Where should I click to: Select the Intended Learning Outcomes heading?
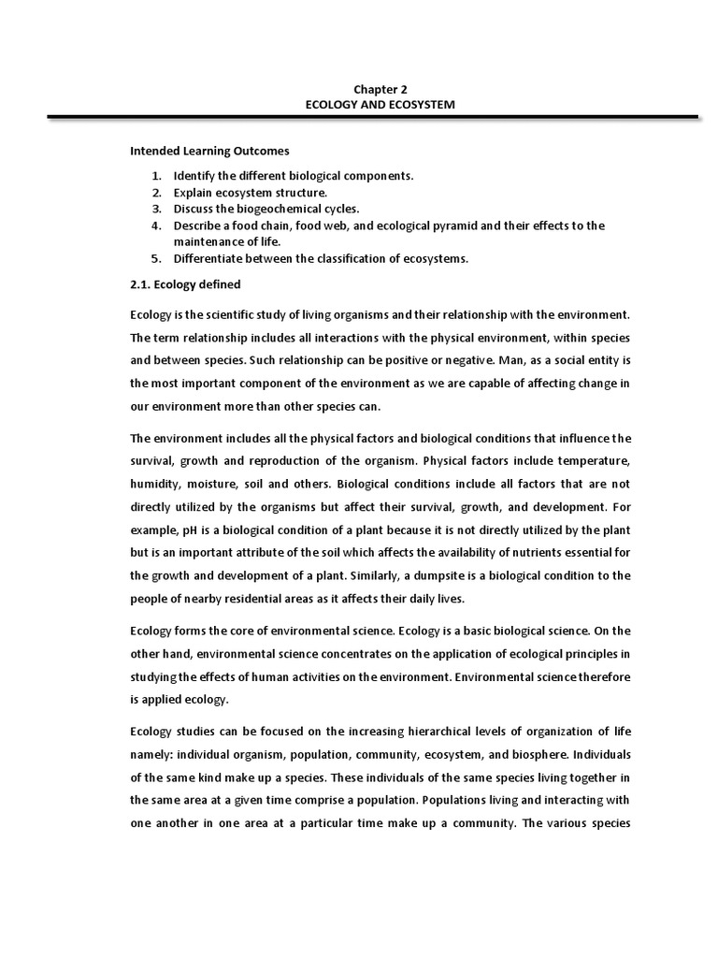click(x=209, y=150)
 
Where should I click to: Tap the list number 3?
click(x=157, y=209)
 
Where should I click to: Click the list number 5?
click(x=157, y=258)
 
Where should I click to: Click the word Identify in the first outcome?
click(x=194, y=176)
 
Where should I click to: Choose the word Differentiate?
click(x=208, y=258)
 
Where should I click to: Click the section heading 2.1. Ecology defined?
click(x=184, y=284)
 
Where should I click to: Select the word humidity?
click(x=156, y=486)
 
